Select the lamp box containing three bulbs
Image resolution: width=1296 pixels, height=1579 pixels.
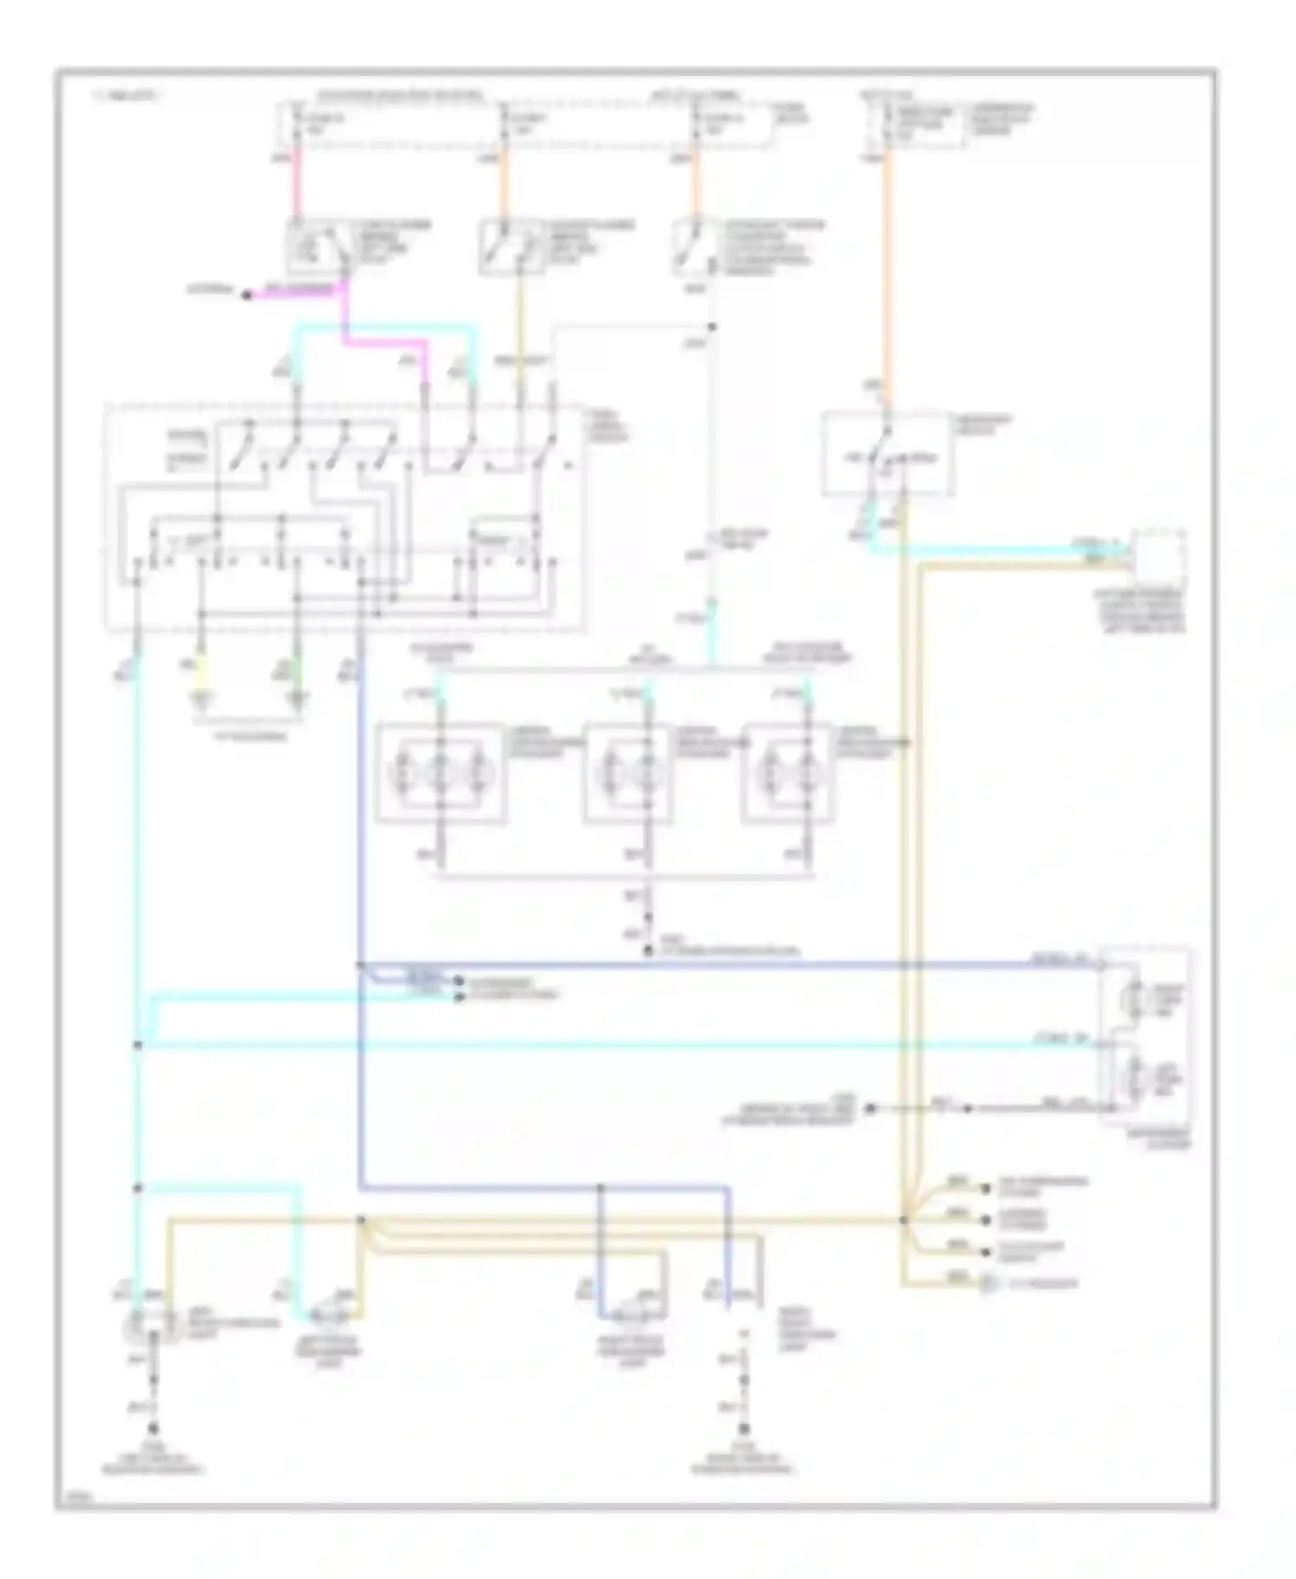coord(441,771)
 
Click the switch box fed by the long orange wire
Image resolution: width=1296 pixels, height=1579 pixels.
coord(887,453)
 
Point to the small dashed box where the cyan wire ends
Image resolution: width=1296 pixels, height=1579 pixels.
coord(1159,557)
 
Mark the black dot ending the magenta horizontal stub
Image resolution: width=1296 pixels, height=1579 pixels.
coord(246,295)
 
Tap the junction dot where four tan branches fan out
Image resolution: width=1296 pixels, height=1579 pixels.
coord(904,1221)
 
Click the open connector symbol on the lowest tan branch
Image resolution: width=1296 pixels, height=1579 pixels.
coord(987,1284)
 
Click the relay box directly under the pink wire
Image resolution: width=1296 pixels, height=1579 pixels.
coord(317,246)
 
